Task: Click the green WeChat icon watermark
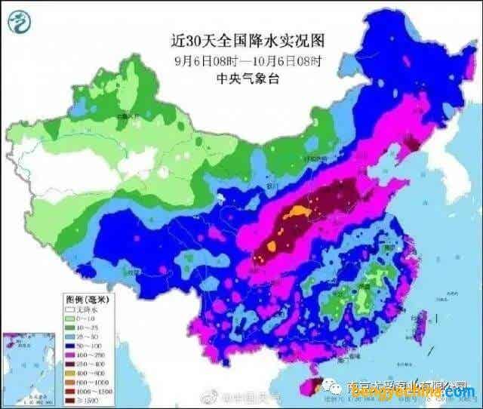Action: [333, 386]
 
